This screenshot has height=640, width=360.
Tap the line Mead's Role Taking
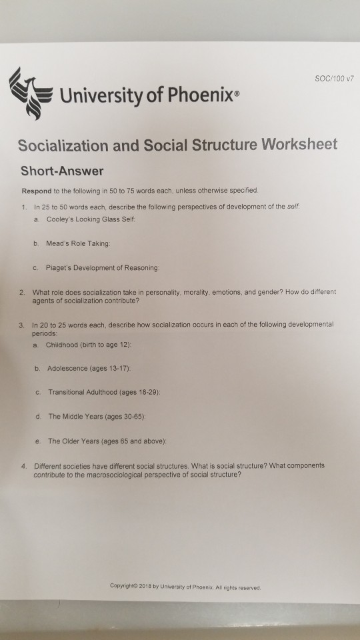83,245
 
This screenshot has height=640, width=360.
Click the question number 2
23,291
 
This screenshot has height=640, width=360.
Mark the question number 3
23,323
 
